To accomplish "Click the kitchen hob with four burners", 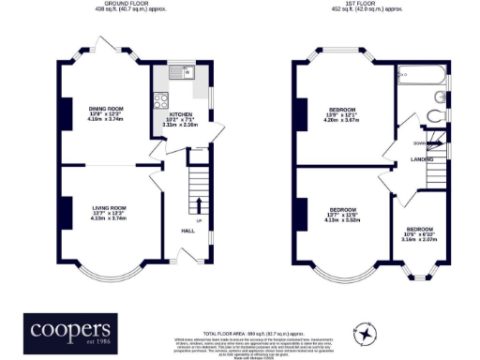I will coord(160,105).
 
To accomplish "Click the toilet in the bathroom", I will coord(434,117).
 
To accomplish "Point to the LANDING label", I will coord(421,159).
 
